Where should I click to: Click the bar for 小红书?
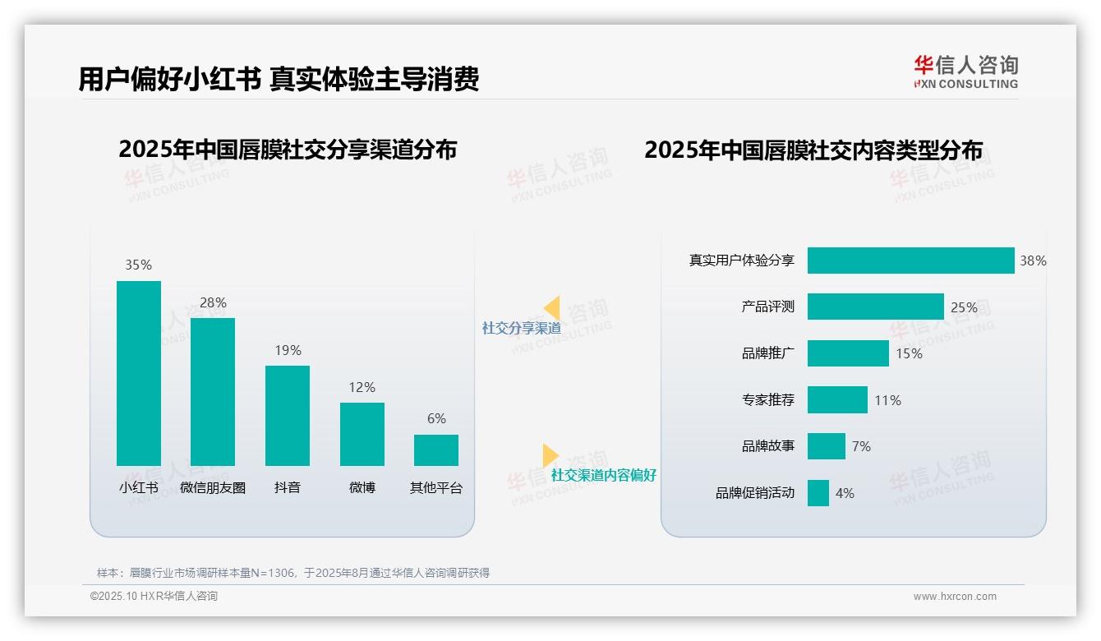(139, 373)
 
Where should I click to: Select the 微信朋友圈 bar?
(213, 391)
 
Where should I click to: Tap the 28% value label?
(213, 302)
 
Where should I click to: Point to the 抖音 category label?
(288, 487)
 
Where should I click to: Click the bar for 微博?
(362, 434)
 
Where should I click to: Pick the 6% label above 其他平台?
(436, 419)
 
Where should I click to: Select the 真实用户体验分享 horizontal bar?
(910, 261)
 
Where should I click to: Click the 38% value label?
(1033, 261)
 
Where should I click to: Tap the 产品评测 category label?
(767, 307)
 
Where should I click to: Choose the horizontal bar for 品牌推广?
(848, 353)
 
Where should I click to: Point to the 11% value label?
(887, 400)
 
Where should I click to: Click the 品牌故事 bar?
(826, 446)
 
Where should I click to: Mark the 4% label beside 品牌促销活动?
(845, 493)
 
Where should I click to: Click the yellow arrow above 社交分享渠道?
(552, 308)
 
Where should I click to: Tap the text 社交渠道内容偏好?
(603, 475)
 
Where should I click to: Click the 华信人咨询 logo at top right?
(965, 71)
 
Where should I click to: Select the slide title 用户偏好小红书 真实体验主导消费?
(279, 79)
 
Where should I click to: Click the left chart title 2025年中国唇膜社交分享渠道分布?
(288, 150)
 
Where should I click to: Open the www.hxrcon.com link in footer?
(955, 597)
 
